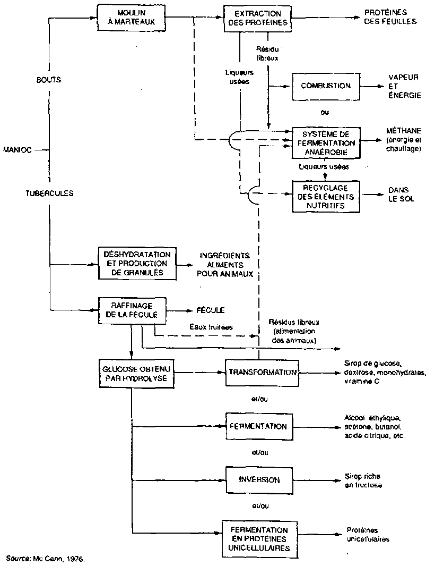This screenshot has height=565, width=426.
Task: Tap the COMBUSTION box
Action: (x=326, y=86)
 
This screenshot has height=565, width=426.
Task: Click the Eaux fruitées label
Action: (x=211, y=327)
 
